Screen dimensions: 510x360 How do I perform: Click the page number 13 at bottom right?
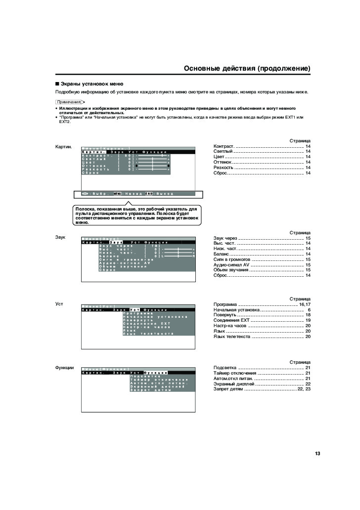[317, 454]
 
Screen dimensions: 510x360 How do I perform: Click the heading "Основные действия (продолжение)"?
[247, 68]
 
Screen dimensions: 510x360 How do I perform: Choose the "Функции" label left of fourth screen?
[64, 368]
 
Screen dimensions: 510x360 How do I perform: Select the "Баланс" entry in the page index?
[221, 254]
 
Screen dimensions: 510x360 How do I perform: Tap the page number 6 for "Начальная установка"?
[309, 310]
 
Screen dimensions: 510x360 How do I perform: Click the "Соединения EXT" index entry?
[231, 321]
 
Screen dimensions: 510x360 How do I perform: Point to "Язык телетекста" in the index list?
[232, 337]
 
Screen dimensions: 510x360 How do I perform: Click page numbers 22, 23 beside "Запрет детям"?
[304, 389]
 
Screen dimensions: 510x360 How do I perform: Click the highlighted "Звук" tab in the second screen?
[116, 243]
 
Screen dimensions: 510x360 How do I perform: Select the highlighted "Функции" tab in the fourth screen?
[155, 373]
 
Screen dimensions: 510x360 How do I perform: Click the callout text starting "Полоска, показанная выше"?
[137, 215]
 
